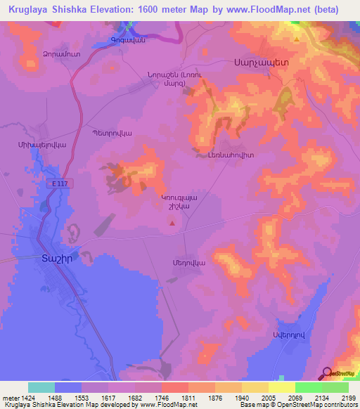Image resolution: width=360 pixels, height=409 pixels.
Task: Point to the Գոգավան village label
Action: tap(127, 41)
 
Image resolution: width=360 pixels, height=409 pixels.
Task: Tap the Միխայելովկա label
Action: tap(37, 143)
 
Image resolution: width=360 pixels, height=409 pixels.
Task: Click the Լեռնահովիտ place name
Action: tap(230, 155)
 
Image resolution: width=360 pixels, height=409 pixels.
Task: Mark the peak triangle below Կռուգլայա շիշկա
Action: tap(173, 223)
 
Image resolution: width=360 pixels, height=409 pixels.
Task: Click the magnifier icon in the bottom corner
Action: tap(327, 372)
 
